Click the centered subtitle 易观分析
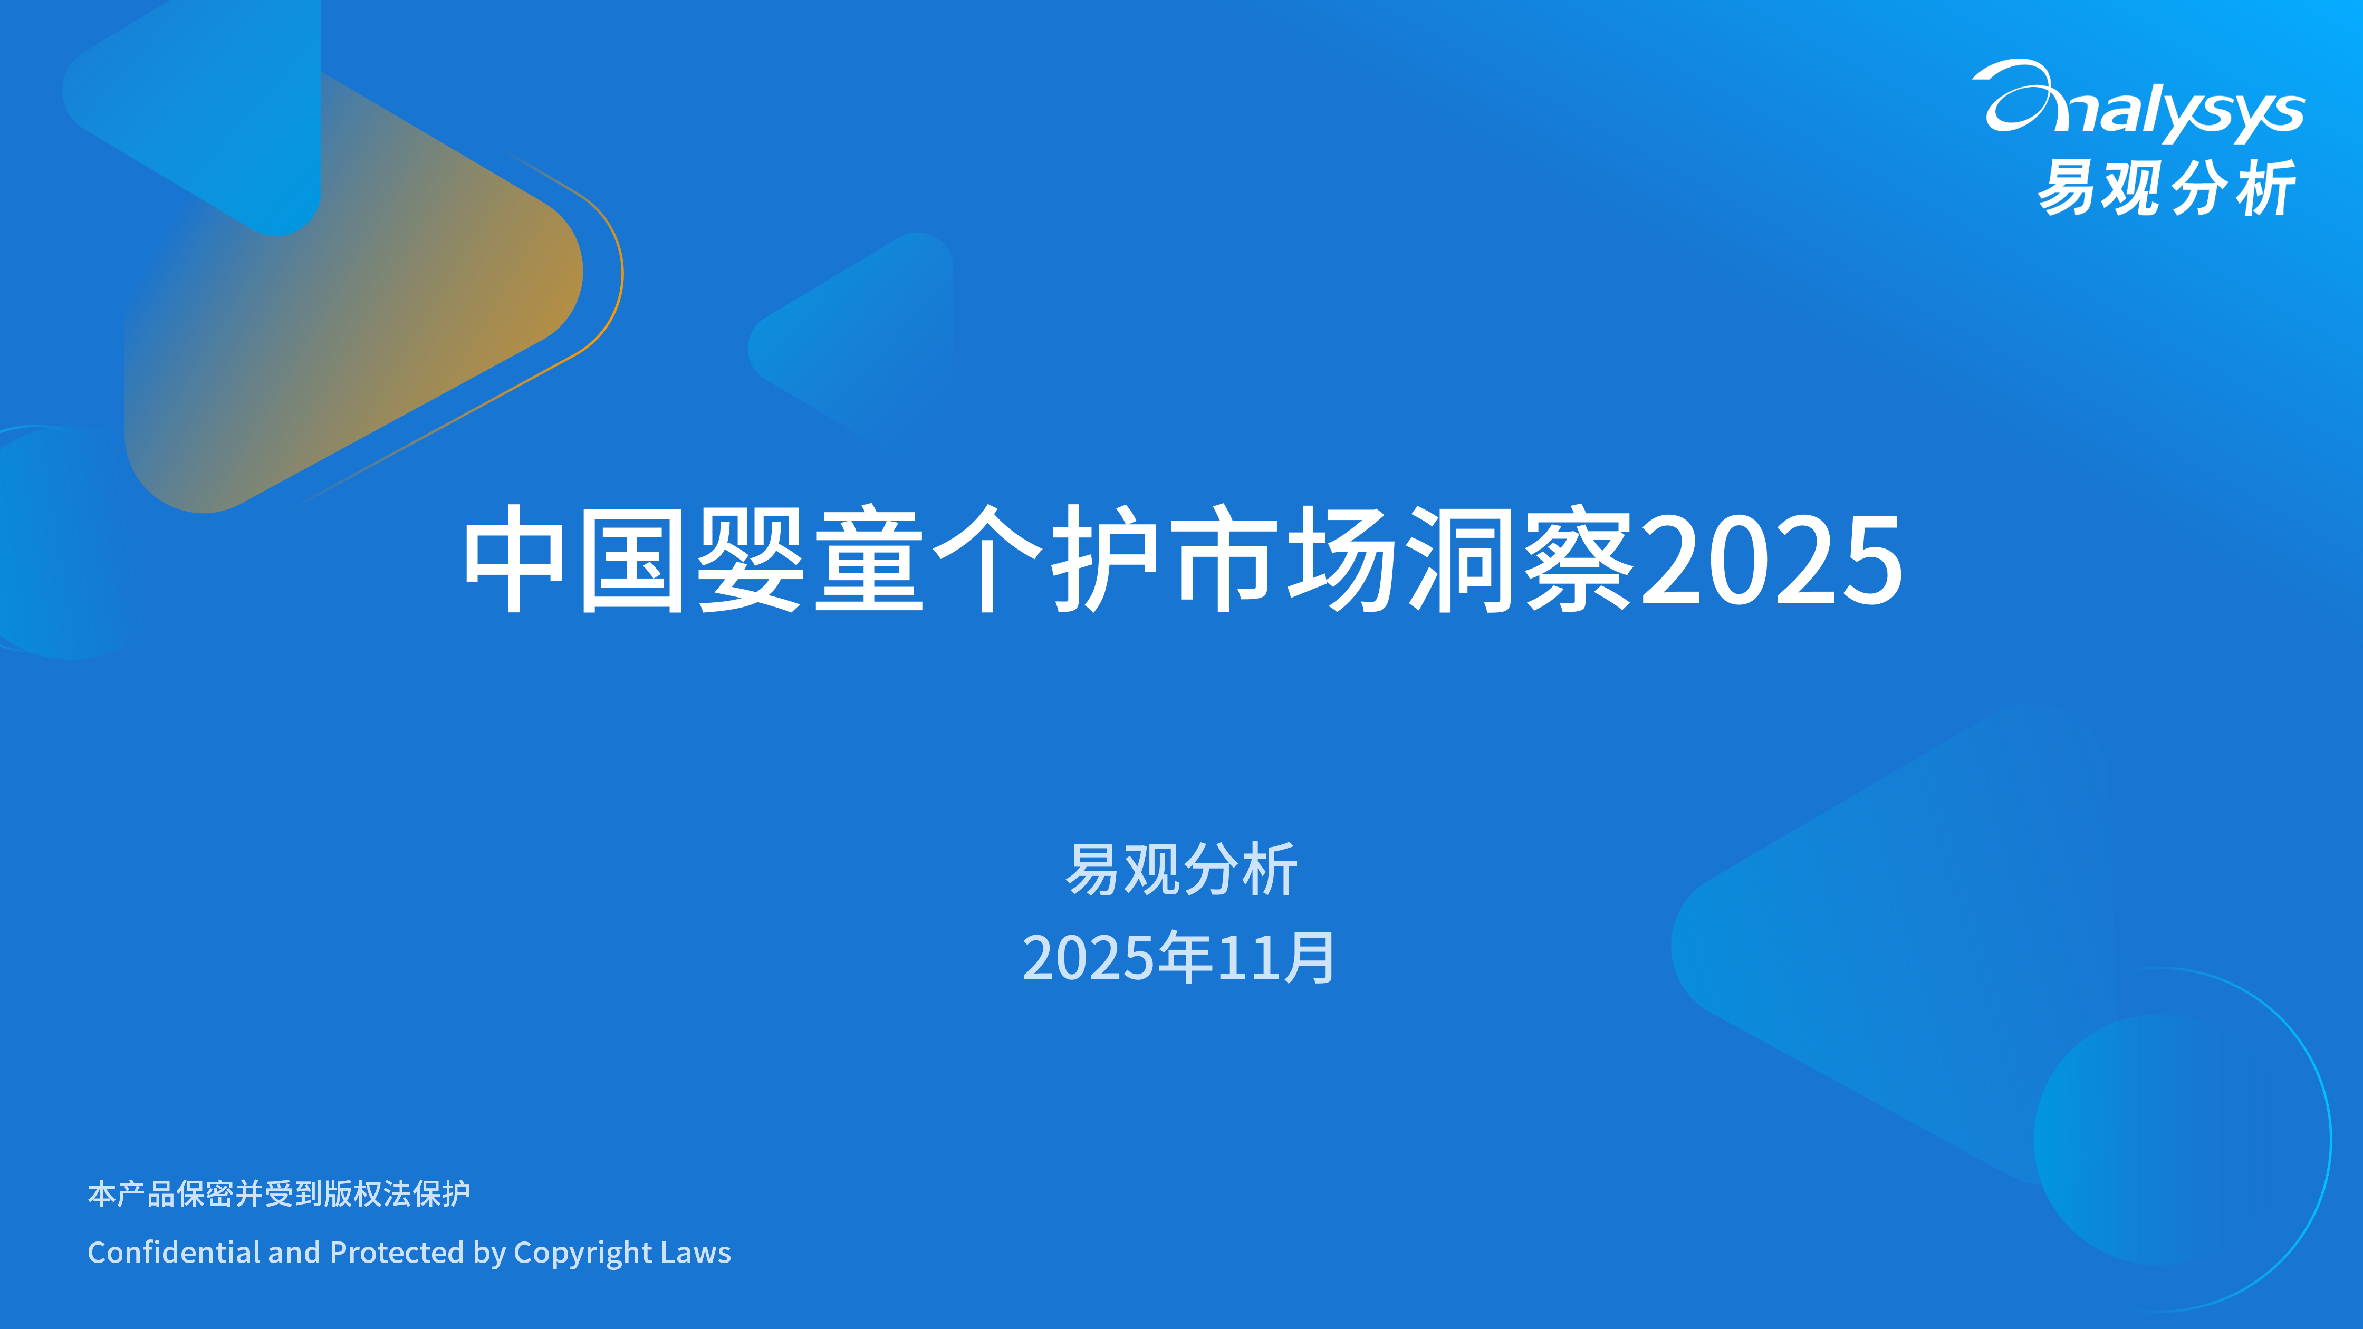tap(1180, 870)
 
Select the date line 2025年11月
tap(1180, 958)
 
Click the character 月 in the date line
tap(1310, 958)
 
